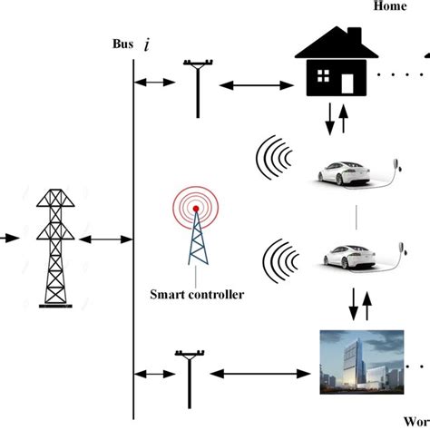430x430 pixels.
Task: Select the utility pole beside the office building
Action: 189,376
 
